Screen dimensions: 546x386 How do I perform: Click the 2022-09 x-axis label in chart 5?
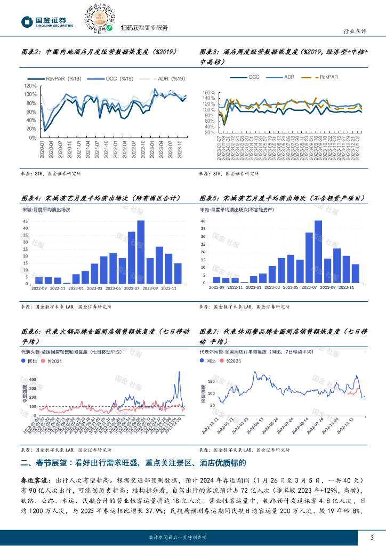pyautogui.click(x=216, y=287)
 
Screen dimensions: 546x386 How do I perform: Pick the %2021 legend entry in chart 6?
pyautogui.click(x=54, y=361)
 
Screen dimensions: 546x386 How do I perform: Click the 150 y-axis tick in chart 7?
pyautogui.click(x=211, y=378)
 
